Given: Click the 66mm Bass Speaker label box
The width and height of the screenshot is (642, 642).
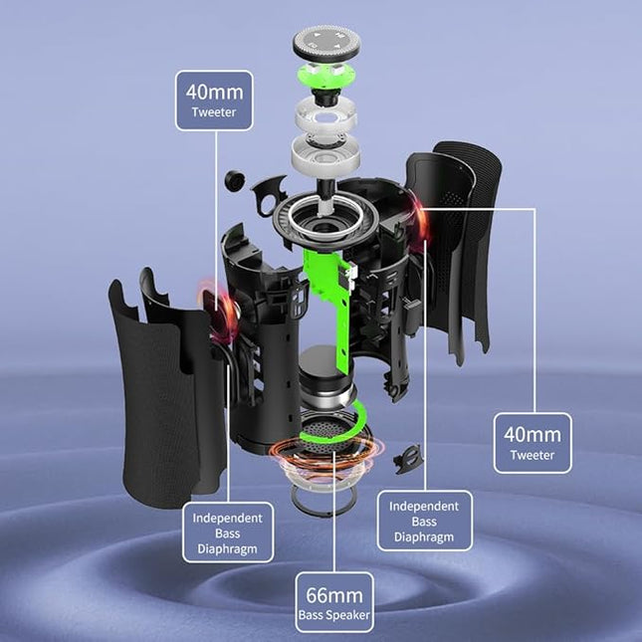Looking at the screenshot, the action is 334,602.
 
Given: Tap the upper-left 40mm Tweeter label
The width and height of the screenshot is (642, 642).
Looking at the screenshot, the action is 214,101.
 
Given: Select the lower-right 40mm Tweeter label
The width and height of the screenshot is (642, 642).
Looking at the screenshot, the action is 533,443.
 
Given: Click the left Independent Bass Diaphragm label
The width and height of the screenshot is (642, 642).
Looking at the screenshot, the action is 228,533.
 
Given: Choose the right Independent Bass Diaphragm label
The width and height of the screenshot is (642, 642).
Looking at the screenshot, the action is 424,521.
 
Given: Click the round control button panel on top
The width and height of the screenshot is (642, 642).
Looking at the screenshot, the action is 326,44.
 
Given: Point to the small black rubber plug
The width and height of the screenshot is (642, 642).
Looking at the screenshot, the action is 235,180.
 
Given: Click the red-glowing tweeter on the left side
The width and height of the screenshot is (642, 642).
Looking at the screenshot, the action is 219,312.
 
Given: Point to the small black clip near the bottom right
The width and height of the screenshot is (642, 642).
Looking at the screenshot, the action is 407,460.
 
